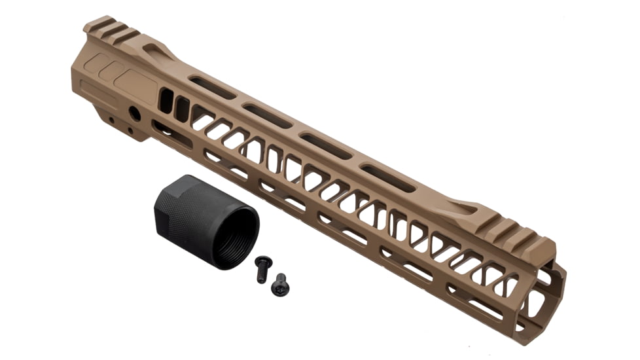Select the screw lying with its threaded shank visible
pos(262,268)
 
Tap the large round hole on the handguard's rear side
pos(135,113)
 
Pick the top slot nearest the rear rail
pos(212,88)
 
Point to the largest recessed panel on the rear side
pos(135,86)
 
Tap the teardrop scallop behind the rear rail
pos(157,51)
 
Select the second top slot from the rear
pos(267,116)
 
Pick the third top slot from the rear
pos(326,146)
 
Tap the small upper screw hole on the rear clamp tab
pos(111,120)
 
